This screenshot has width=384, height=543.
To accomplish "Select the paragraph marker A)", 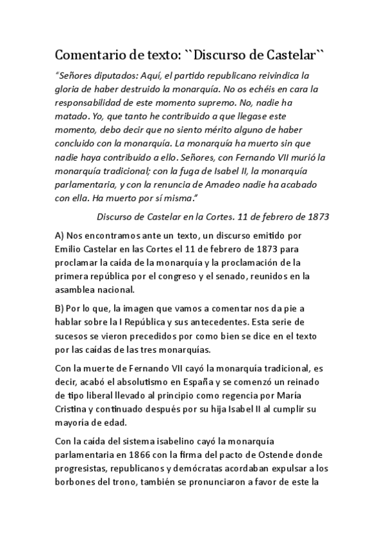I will tap(62, 236).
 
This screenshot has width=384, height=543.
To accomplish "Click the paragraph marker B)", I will tap(62, 309).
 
